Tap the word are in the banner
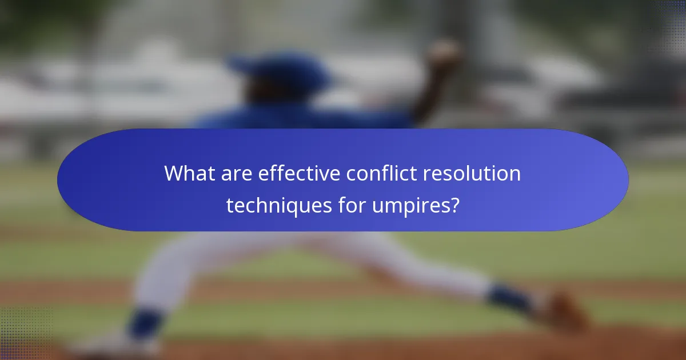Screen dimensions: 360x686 237,174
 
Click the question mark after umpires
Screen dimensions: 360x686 453,205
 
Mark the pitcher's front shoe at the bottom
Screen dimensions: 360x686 114,346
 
